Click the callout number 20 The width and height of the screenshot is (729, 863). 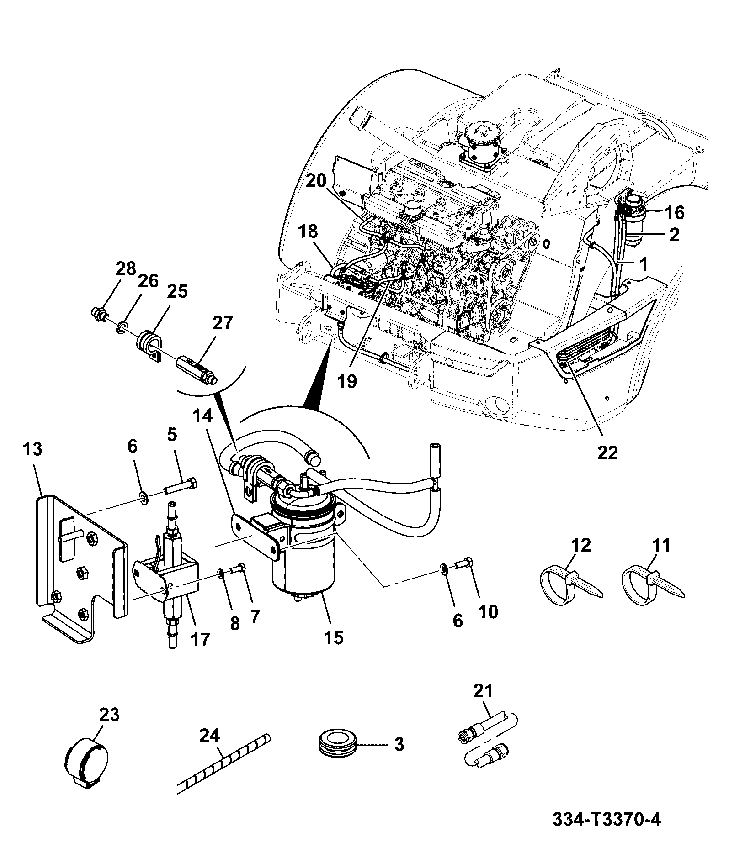coord(316,181)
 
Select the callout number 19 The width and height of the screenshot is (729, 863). coord(347,380)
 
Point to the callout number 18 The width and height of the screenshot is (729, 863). coord(309,231)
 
